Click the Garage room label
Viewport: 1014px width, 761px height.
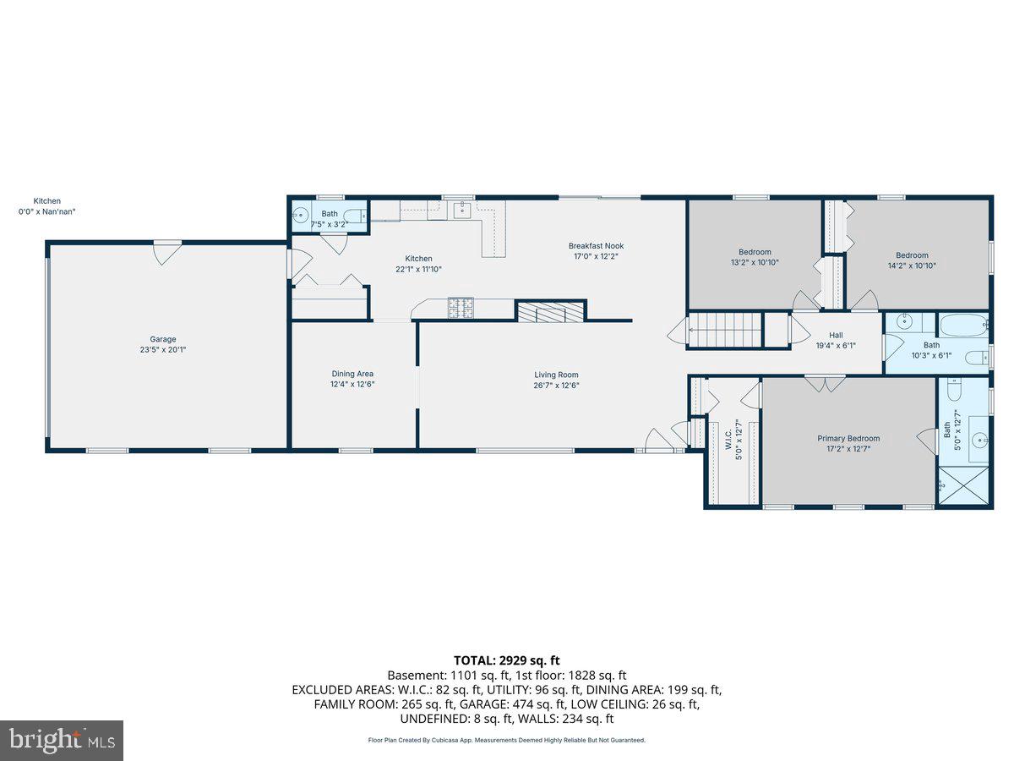point(164,339)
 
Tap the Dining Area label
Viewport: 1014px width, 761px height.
point(352,374)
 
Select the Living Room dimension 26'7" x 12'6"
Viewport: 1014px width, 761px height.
point(556,385)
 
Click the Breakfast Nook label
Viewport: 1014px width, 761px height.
point(596,246)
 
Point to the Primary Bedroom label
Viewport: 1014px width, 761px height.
point(848,438)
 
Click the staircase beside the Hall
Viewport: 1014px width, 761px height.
point(725,330)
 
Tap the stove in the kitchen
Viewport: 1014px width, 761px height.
point(460,308)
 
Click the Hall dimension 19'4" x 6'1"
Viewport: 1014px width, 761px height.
point(836,345)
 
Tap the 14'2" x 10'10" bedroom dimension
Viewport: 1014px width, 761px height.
point(912,266)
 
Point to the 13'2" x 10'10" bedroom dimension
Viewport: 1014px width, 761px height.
point(755,262)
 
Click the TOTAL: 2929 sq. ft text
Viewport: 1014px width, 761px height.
point(507,660)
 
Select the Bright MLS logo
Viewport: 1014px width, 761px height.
point(62,741)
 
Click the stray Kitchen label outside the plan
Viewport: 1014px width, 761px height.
point(46,201)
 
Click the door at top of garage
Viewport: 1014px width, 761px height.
point(166,252)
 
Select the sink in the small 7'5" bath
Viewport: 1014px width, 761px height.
point(300,215)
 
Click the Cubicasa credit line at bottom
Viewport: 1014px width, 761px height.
point(507,740)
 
